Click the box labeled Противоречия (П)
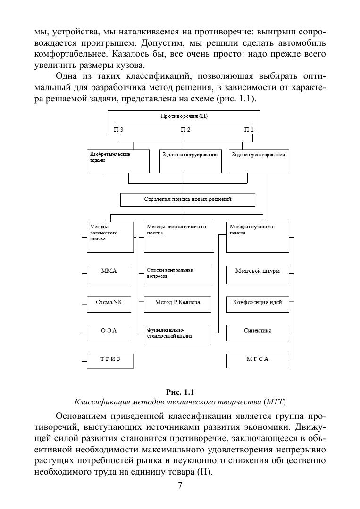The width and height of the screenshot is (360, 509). coord(183,117)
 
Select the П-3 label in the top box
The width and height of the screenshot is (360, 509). coord(118,130)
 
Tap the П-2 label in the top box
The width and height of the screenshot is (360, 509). coord(185,130)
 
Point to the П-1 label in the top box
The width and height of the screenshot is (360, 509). coord(249,130)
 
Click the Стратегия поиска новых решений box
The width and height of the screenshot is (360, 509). coord(187,200)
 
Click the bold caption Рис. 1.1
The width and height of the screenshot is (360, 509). coord(180,392)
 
